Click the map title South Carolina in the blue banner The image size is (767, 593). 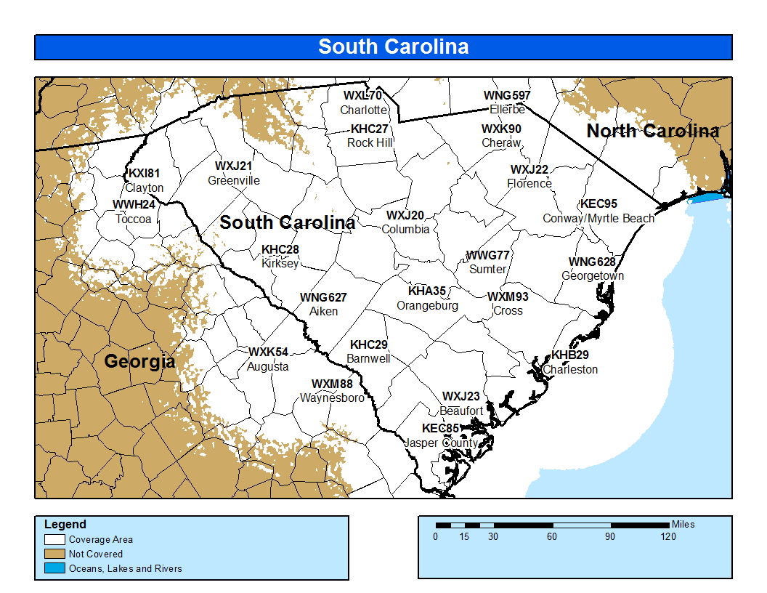click(393, 47)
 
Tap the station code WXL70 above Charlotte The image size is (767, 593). click(362, 96)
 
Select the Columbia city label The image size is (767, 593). click(405, 229)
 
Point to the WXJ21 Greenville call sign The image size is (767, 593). click(234, 166)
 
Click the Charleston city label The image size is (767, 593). click(570, 369)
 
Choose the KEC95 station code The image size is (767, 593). click(598, 204)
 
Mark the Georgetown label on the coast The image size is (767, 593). click(592, 276)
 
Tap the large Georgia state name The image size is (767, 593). click(139, 361)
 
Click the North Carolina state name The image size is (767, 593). click(652, 131)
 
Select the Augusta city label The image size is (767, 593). click(267, 366)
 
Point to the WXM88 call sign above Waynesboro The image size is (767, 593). click(332, 384)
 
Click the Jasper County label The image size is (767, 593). click(441, 443)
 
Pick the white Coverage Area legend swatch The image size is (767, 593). click(55, 540)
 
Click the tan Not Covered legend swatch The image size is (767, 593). click(55, 554)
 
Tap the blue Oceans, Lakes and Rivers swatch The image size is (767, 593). click(55, 568)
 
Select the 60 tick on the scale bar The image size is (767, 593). click(552, 537)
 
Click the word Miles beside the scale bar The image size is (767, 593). click(683, 524)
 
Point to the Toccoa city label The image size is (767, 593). click(132, 218)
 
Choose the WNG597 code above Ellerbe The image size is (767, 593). click(507, 96)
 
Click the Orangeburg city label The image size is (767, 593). click(427, 305)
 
